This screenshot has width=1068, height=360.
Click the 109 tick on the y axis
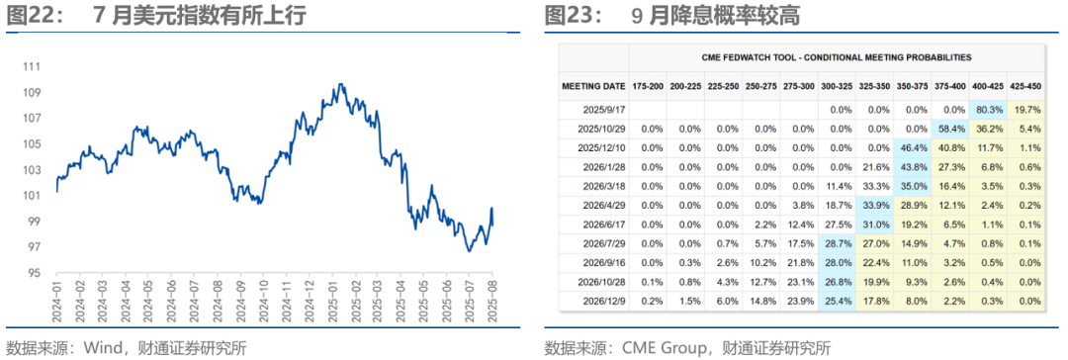pyautogui.click(x=32, y=92)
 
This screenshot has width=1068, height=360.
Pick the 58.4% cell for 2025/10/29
pyautogui.click(x=952, y=129)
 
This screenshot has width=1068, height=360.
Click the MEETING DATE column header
pyautogui.click(x=593, y=86)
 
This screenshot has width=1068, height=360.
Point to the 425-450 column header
pyautogui.click(x=1025, y=86)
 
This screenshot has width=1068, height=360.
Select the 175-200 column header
pyautogui.click(x=651, y=86)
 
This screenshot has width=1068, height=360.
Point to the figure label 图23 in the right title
pyautogui.click(x=568, y=15)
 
